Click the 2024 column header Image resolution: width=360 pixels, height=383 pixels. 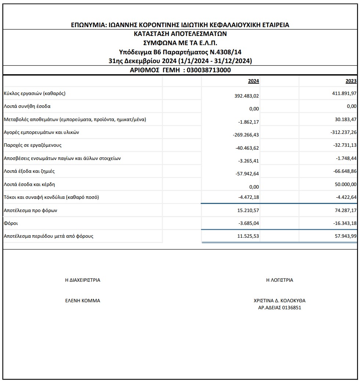pos(254,81)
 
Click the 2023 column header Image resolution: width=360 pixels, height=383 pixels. pos(351,81)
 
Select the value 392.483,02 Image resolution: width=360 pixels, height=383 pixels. pos(247,95)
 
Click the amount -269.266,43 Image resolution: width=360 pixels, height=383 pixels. pos(246,135)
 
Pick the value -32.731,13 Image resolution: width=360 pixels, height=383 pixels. pos(344,145)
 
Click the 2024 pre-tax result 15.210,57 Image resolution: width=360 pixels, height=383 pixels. pos(248,210)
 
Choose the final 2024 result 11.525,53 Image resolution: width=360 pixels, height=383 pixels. pos(248,236)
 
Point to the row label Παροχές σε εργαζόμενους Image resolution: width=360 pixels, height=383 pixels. pos(33,145)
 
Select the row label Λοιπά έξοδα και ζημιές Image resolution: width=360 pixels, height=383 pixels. pos(29,171)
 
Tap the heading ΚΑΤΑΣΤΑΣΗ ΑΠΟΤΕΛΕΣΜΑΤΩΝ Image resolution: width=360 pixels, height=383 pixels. pos(180,33)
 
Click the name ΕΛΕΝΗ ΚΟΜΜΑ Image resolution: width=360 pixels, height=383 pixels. pos(83,300)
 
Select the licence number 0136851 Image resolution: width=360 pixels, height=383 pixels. pos(291,308)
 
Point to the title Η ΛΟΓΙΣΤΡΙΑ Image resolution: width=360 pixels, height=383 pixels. pos(280,280)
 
